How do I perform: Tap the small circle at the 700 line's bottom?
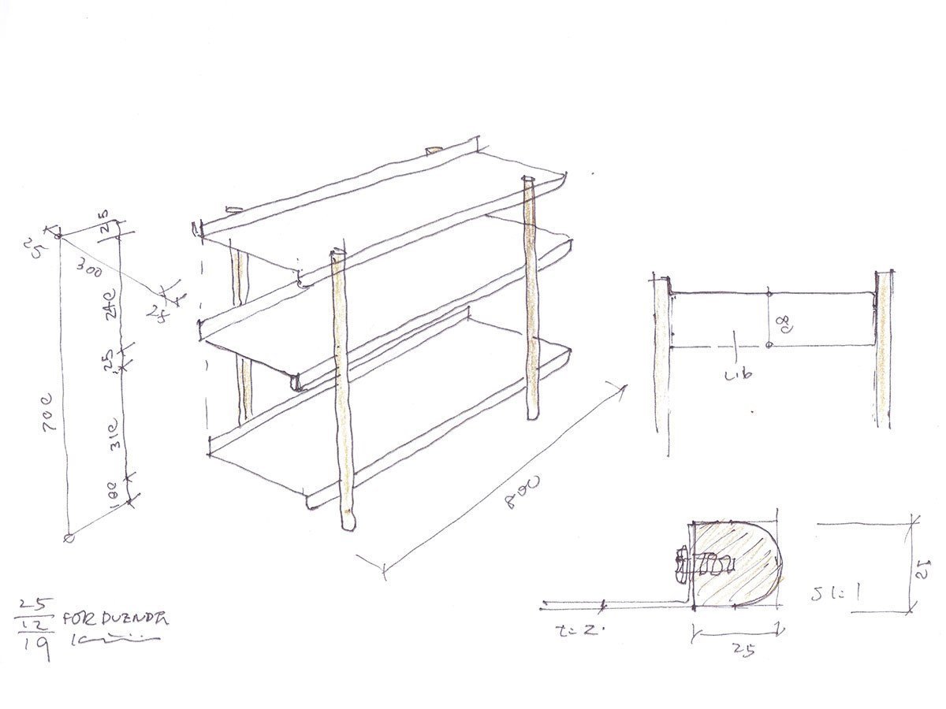(x=69, y=538)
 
